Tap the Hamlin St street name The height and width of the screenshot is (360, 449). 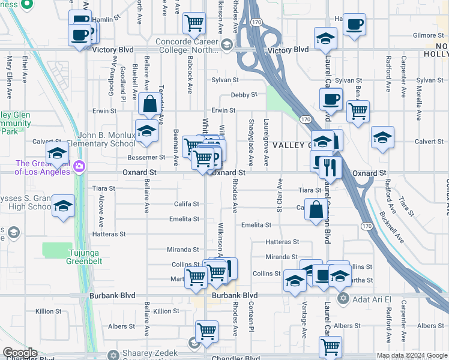[103, 20]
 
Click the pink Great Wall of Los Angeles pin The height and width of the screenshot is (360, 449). [79, 166]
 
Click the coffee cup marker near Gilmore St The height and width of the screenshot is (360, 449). [355, 25]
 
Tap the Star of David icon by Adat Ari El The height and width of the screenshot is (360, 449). [343, 298]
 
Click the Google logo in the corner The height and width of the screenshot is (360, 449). [20, 353]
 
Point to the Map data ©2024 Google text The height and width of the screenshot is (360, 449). [412, 355]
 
